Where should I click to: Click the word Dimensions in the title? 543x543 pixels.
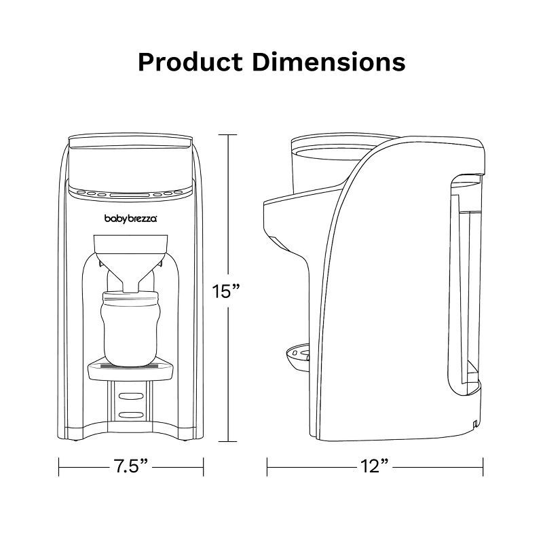click(x=329, y=61)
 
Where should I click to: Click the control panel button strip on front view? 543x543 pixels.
click(x=131, y=193)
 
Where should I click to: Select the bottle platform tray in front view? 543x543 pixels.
click(x=131, y=368)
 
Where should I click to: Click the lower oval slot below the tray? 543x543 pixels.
click(x=131, y=412)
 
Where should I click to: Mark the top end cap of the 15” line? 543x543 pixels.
click(x=227, y=134)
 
